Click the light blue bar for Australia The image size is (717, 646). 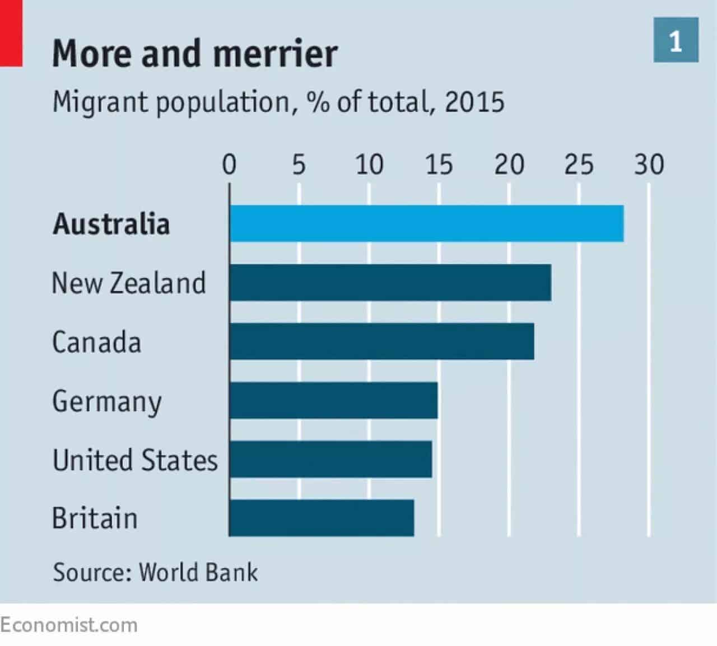427,223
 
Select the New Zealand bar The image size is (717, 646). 390,282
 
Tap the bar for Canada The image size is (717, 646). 382,341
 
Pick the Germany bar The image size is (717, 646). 333,400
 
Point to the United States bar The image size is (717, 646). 330,459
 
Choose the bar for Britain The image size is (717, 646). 322,518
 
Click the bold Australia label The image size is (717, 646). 111,224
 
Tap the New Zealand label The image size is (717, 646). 129,283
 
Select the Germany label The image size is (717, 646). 107,402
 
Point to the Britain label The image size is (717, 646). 95,518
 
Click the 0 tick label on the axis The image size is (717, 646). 229,165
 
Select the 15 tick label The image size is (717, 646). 439,165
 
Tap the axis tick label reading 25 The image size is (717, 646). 579,165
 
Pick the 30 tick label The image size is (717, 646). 649,165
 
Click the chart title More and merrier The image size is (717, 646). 195,53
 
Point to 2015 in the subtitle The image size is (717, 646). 475,102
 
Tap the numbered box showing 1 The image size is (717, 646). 676,40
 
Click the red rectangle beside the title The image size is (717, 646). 11,33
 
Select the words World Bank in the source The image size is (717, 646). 198,572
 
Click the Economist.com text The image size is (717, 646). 69,625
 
